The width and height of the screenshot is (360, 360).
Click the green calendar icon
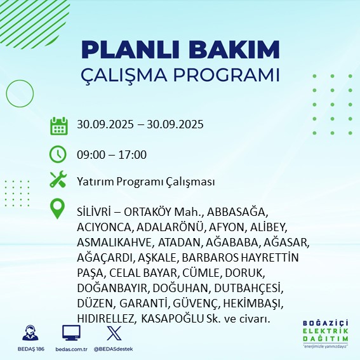(x=58, y=125)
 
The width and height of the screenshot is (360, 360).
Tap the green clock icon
(x=58, y=154)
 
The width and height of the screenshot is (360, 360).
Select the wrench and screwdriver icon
(x=58, y=180)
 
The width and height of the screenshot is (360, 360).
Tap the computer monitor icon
(x=71, y=333)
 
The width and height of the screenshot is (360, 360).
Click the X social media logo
(x=113, y=333)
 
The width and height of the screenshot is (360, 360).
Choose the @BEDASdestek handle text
(x=113, y=349)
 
